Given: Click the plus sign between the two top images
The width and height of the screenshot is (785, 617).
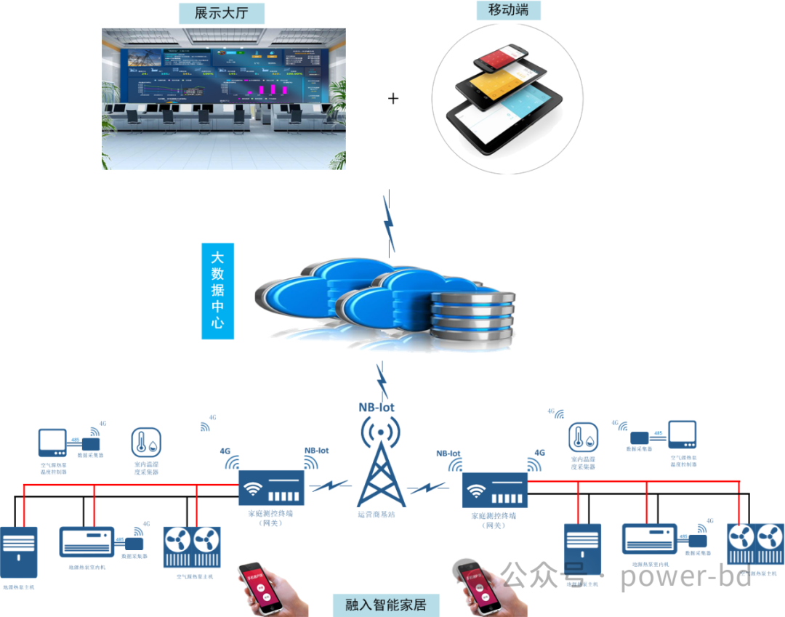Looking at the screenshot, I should click(x=393, y=98).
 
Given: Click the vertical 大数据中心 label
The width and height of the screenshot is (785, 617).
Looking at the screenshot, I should click(x=217, y=291).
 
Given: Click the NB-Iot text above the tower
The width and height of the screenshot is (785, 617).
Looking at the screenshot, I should click(x=377, y=407).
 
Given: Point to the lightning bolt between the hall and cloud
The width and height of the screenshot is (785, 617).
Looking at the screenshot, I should click(x=390, y=222).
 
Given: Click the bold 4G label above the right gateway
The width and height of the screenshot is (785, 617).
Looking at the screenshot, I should click(x=539, y=452).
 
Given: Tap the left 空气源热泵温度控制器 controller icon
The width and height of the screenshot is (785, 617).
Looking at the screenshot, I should click(x=53, y=443).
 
